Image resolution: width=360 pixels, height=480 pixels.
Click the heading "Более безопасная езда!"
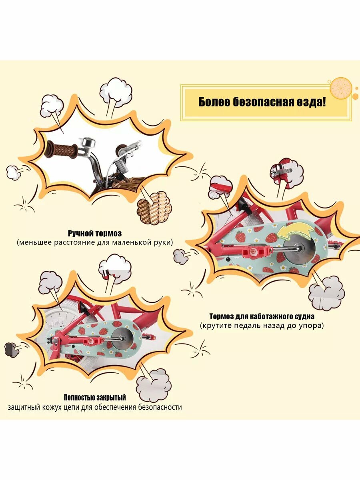pos(262,102)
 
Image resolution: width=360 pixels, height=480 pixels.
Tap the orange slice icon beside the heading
pos(341,88)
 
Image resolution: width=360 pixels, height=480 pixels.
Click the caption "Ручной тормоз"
pos(94,233)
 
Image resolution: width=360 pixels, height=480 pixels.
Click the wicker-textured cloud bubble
pos(154,206)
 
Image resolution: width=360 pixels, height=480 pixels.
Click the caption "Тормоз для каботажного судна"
pos(261,316)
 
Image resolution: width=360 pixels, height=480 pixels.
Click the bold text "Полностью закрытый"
pos(95,398)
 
